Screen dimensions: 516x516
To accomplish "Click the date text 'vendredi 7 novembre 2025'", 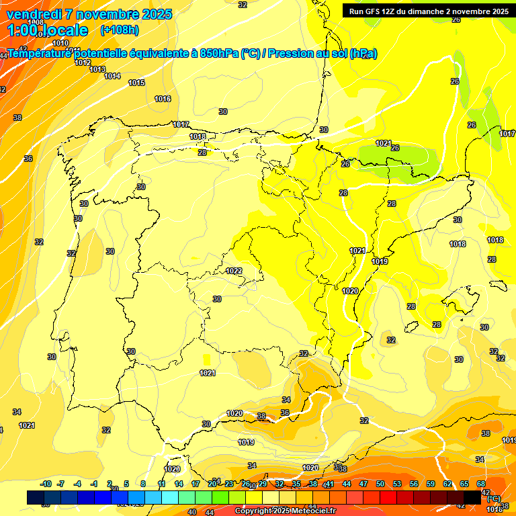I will tap(90, 14).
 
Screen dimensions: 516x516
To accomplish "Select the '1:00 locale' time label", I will tap(47, 30).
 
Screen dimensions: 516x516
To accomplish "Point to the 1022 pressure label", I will tap(234, 271).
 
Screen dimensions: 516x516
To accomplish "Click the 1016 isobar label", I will tap(163, 99).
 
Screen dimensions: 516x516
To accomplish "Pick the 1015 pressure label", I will tap(136, 83).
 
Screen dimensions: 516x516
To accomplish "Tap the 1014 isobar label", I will tap(112, 76).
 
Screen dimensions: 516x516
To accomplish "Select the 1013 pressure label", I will tap(97, 69).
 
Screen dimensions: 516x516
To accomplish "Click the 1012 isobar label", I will tap(83, 62).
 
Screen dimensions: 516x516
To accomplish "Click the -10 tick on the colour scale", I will tap(46, 484).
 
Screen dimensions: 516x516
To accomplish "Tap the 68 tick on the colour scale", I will tap(481, 484).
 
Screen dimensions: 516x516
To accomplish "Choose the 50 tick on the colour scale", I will tap(380, 484).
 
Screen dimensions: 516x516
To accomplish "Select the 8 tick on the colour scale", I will tap(143, 484).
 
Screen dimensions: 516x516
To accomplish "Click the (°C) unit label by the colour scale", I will tap(493, 499).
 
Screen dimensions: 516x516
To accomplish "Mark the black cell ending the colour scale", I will tap(472, 497).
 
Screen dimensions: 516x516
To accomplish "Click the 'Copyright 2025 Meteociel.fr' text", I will tap(285, 511).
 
